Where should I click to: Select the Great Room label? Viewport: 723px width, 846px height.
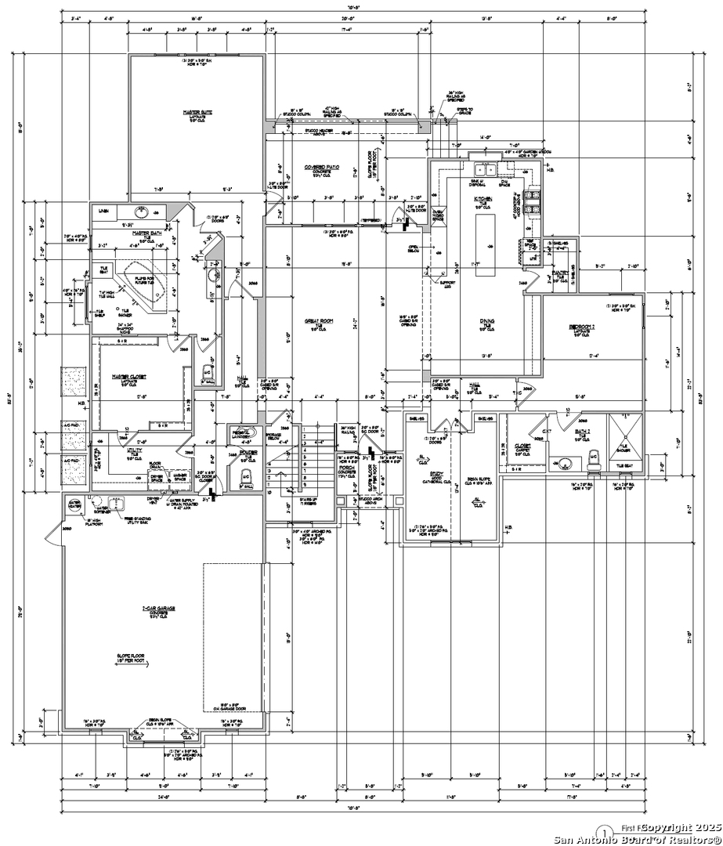tap(319, 321)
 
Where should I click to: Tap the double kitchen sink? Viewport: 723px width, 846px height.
tap(489, 168)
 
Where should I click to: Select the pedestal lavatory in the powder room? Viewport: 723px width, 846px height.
tap(240, 434)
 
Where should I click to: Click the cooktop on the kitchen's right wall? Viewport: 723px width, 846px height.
tap(533, 201)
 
